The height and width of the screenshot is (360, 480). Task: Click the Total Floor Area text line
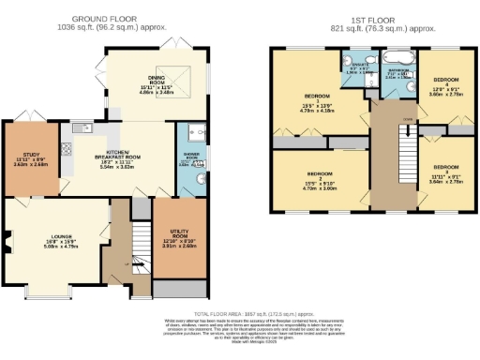(x=240, y=313)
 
